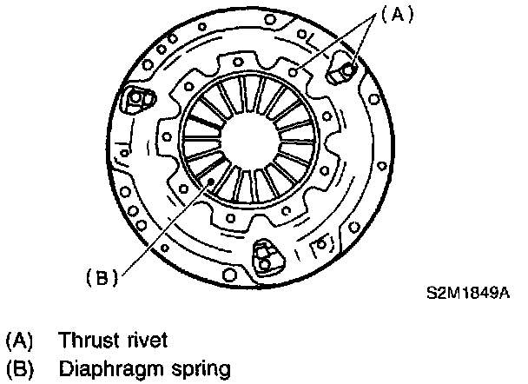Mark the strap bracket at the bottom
264,256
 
